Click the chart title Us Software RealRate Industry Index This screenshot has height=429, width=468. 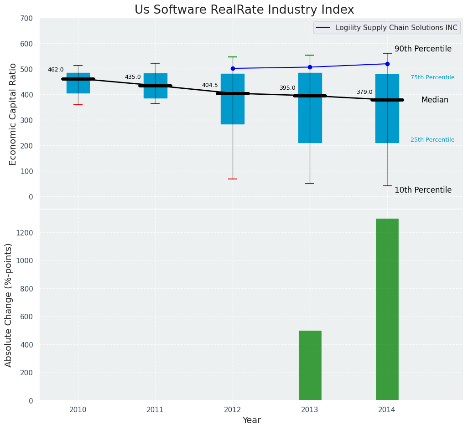click(244, 10)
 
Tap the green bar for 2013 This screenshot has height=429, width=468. click(310, 365)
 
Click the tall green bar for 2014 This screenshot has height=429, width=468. click(387, 309)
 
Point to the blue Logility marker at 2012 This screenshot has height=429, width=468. click(233, 68)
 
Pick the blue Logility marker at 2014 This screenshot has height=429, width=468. click(387, 64)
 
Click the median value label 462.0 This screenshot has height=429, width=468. click(56, 70)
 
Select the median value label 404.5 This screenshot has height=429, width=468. click(210, 85)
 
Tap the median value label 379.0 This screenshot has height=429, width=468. click(364, 92)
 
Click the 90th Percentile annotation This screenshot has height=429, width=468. click(423, 49)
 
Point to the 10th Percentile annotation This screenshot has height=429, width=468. click(423, 190)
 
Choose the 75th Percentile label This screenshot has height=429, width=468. click(432, 77)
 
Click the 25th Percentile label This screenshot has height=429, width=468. click(432, 140)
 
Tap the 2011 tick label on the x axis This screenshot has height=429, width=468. click(155, 410)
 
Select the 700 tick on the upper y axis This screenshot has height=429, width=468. click(26, 18)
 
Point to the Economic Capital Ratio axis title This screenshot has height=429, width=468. click(13, 114)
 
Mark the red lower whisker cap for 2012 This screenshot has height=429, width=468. click(233, 179)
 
